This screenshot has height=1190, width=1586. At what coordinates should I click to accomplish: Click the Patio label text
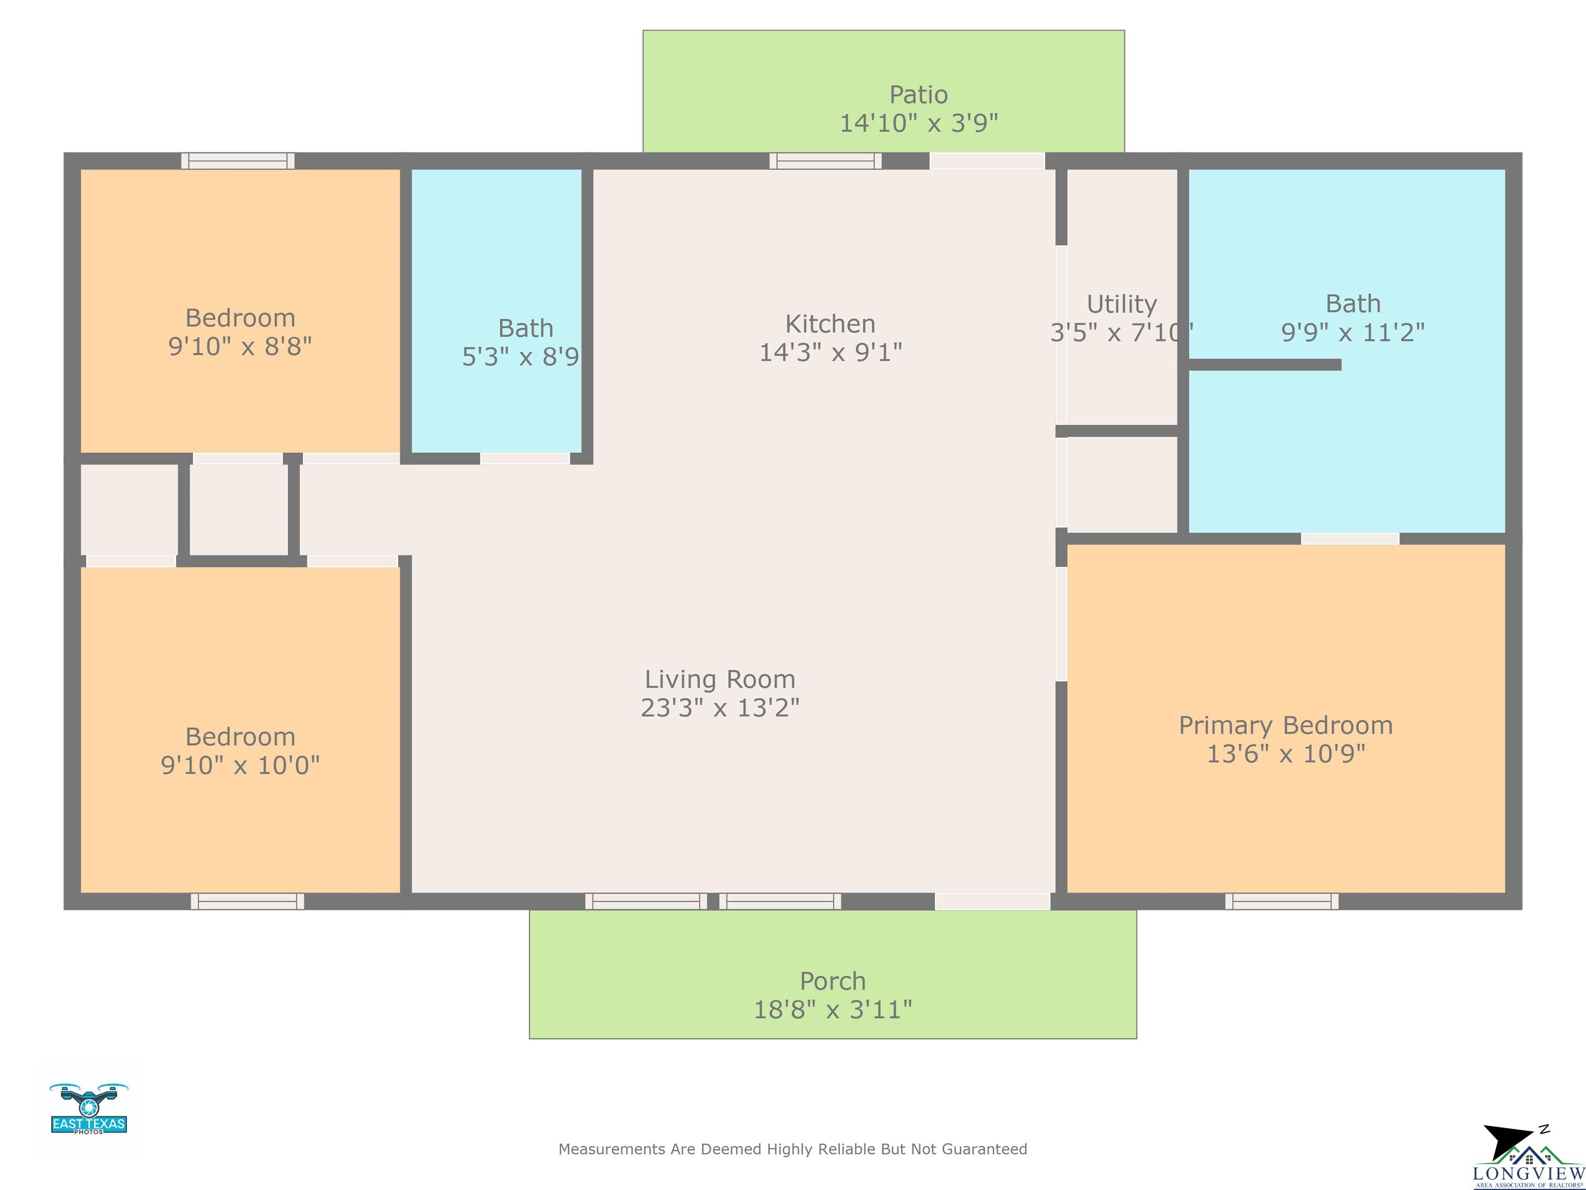tap(918, 95)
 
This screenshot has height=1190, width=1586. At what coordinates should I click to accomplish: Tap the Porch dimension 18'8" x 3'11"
tap(832, 1010)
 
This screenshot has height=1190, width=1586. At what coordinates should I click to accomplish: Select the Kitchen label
tap(830, 324)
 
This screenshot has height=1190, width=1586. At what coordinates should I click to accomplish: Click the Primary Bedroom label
tap(1286, 725)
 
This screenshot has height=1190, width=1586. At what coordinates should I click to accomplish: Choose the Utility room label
tap(1121, 304)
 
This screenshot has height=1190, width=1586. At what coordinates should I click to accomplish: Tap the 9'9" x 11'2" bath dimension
tap(1353, 332)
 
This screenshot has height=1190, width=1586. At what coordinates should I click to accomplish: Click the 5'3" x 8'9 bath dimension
tap(520, 356)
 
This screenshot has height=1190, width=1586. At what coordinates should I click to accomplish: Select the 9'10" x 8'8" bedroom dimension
tap(240, 347)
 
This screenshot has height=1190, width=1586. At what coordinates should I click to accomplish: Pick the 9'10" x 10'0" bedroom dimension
tap(240, 765)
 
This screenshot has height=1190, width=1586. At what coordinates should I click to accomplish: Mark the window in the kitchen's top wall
tap(825, 161)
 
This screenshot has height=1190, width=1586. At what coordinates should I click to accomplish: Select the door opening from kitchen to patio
tap(987, 161)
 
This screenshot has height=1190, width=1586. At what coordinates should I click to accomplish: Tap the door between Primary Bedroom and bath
tap(1350, 539)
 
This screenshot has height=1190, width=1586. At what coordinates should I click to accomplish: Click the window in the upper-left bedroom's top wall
tap(237, 161)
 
